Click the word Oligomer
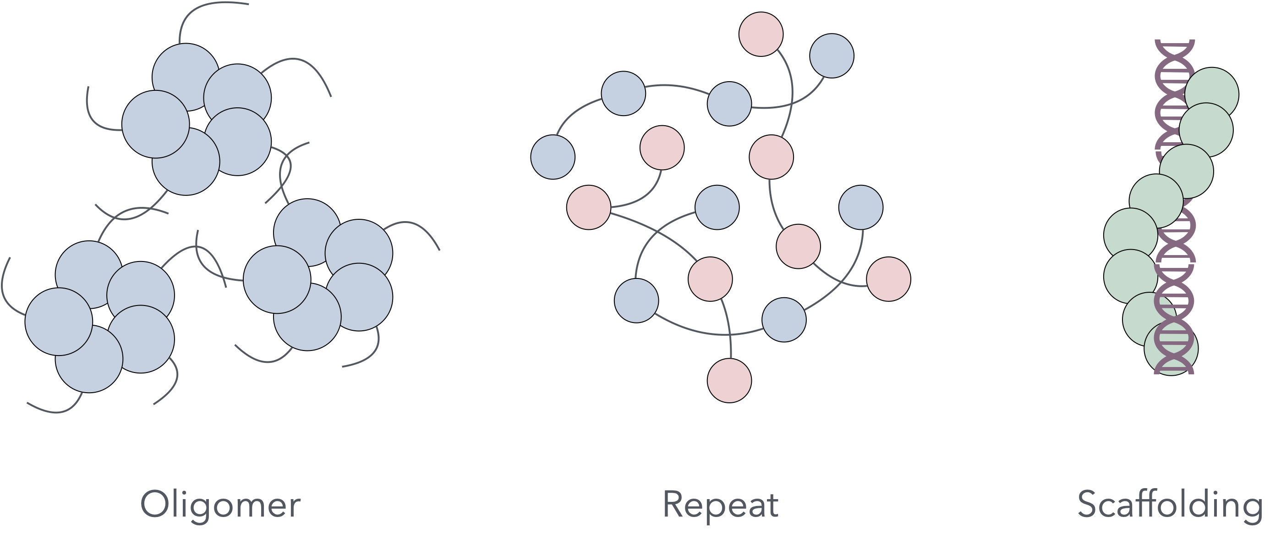pyautogui.click(x=220, y=504)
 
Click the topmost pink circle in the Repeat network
pyautogui.click(x=761, y=34)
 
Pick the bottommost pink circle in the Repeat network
pyautogui.click(x=729, y=380)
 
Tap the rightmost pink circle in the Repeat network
pyautogui.click(x=888, y=279)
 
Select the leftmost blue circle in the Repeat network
pyautogui.click(x=553, y=157)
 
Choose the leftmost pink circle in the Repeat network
pyautogui.click(x=589, y=207)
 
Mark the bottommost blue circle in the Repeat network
pyautogui.click(x=784, y=320)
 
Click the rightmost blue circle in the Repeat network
pyautogui.click(x=861, y=207)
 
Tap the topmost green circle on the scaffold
pyautogui.click(x=1211, y=95)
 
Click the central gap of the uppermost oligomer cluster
pyautogui.click(x=197, y=119)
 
